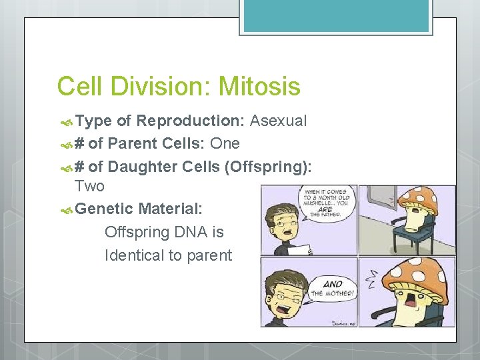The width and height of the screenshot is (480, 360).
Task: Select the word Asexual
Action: coord(279,121)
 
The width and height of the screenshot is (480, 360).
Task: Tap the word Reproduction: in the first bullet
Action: coord(191,121)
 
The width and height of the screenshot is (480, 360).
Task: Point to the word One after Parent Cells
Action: coord(225,144)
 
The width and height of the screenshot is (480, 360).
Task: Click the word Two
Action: coord(89,185)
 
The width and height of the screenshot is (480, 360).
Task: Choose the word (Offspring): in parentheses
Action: coord(267,167)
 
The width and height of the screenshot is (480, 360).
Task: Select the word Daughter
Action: coord(145,167)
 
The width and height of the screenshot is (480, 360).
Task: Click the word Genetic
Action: coord(105,209)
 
